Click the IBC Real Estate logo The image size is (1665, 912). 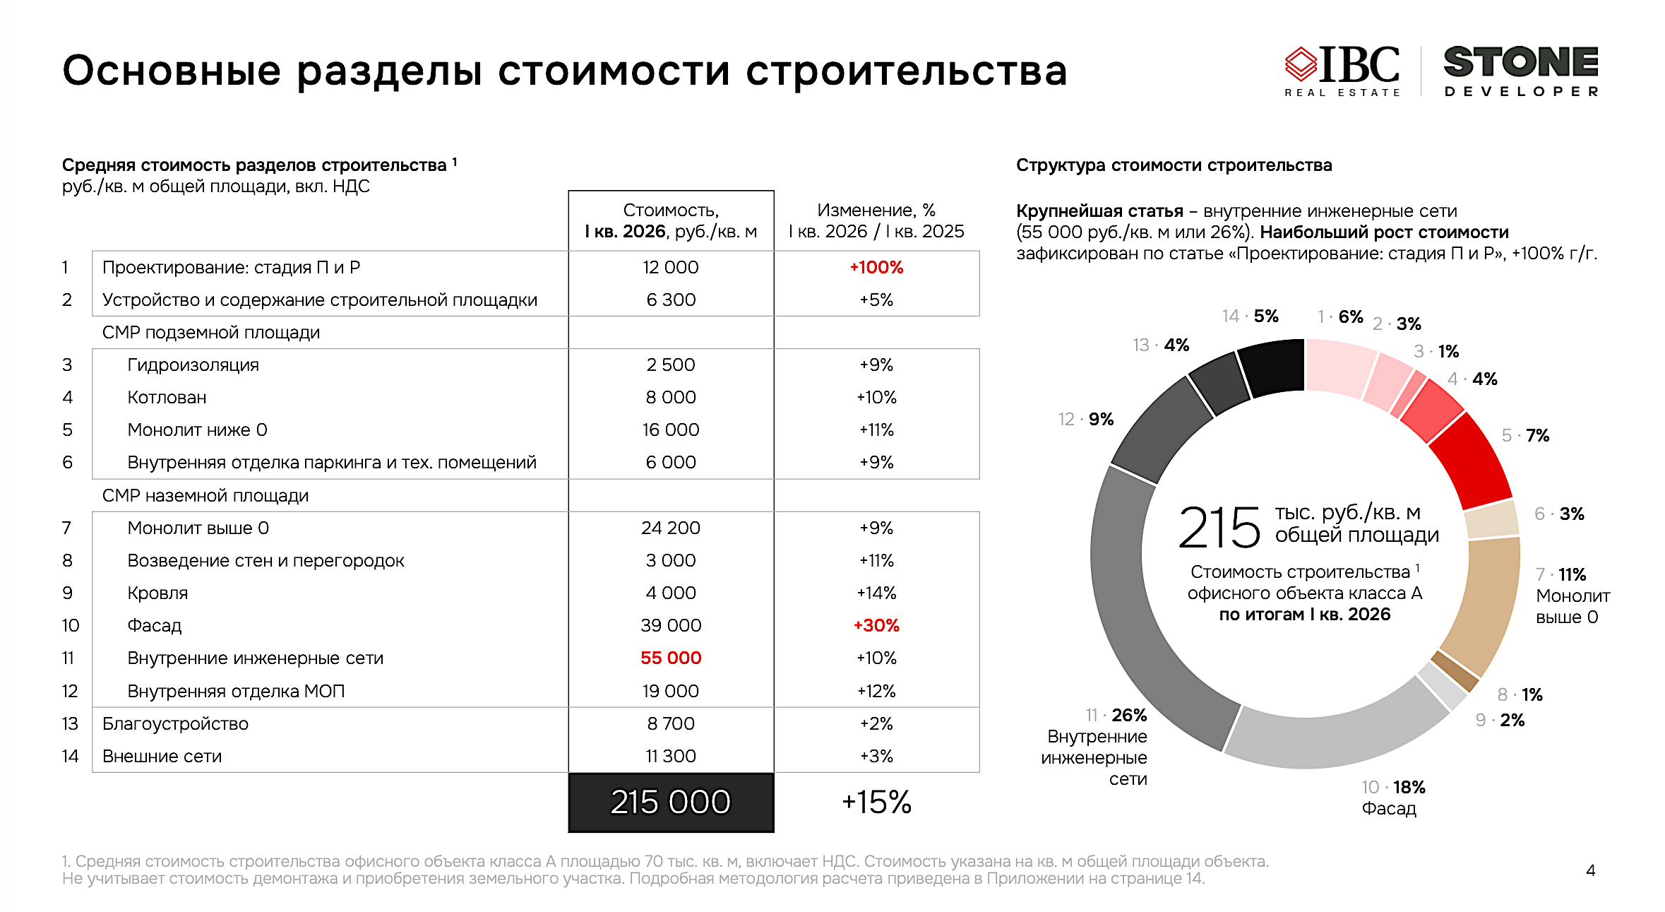coord(1342,71)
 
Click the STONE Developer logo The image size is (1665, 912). coord(1521,71)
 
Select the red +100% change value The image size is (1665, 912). coord(876,268)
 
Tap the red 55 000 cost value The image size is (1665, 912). coord(671,658)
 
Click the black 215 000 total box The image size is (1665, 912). coord(671,803)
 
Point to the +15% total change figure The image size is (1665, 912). coord(876,803)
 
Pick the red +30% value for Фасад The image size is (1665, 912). coord(876,625)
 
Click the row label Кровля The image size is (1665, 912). coord(157,593)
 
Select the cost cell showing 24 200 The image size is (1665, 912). coord(671,528)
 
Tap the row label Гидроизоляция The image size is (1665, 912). coord(193,365)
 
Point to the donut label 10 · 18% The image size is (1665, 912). coord(1393,787)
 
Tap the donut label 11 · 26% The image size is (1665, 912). coord(1116,716)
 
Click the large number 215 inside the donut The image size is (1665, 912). coord(1219,528)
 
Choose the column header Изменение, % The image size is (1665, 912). coord(876,211)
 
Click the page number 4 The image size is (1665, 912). coord(1590,870)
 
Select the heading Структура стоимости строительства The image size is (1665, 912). coord(1174,165)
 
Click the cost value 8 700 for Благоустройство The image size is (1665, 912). coord(671,723)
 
